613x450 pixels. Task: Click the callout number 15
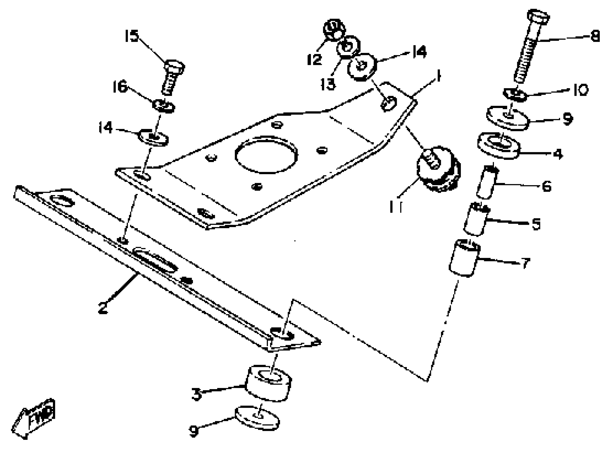tap(132, 36)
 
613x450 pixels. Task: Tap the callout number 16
tap(120, 87)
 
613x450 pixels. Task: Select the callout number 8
tap(595, 36)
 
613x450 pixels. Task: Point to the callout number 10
tap(580, 90)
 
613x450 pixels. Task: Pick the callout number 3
tap(197, 394)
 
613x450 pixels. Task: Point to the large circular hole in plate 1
tap(266, 154)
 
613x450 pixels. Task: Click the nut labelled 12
tap(334, 29)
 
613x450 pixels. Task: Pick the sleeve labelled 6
tap(487, 182)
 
